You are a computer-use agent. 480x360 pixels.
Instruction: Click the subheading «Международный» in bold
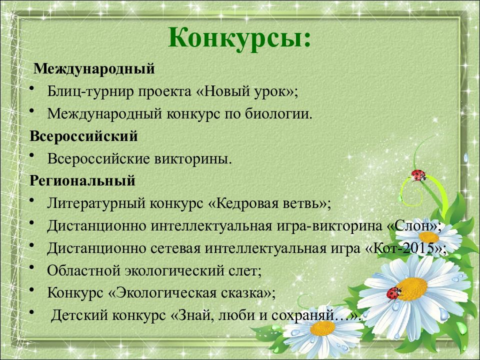click(94, 68)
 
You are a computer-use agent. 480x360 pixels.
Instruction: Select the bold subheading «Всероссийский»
click(83, 136)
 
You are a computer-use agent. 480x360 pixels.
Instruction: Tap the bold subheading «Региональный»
click(82, 180)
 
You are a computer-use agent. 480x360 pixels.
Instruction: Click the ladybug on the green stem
click(418, 175)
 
